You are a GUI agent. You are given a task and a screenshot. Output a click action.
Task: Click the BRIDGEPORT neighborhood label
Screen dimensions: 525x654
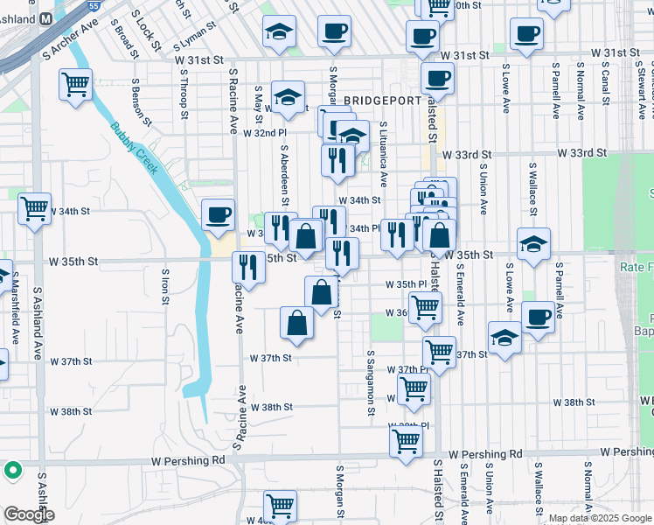[x=383, y=101]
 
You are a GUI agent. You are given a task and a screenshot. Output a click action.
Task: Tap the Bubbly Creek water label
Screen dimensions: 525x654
[x=134, y=147]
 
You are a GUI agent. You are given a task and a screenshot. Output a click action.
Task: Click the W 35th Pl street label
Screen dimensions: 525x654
[x=405, y=284]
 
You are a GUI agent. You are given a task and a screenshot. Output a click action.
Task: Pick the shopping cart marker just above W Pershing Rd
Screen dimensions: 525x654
[x=407, y=441]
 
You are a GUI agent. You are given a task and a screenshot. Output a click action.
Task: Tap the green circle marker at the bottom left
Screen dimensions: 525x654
[x=13, y=471]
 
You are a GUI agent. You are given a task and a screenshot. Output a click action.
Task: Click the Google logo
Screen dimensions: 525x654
[x=29, y=514]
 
